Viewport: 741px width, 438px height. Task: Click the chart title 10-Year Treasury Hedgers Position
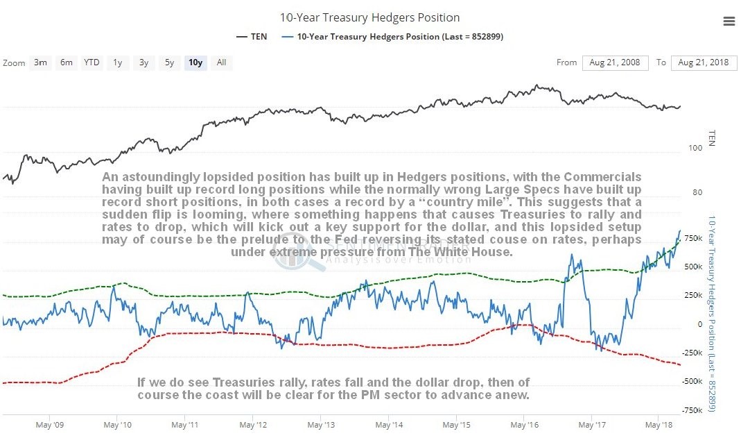369,17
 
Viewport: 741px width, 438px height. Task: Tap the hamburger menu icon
729,22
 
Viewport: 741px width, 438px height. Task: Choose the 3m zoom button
41,62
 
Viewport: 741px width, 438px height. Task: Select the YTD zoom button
91,62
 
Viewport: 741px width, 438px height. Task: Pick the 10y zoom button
195,62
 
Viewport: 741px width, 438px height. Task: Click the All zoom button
221,62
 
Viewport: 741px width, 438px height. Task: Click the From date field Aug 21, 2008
614,62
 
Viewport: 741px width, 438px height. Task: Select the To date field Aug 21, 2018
704,62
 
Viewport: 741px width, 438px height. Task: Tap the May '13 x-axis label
320,423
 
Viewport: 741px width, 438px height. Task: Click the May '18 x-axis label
659,423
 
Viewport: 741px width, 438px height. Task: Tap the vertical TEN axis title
711,138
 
